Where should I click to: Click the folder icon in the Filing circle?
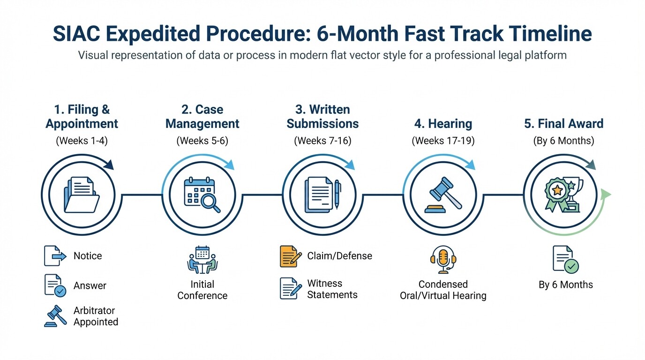click(x=82, y=195)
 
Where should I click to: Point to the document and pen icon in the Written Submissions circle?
click(x=322, y=195)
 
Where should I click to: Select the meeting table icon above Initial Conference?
click(x=202, y=260)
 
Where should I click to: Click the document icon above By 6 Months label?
click(x=565, y=259)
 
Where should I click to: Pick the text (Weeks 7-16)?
click(x=322, y=141)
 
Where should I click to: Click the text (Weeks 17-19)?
click(x=443, y=141)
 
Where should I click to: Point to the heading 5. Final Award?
click(x=563, y=124)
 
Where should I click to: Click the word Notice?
click(x=88, y=256)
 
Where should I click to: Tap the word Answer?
click(x=90, y=285)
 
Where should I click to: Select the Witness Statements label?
click(x=332, y=289)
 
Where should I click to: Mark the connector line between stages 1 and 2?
click(x=142, y=195)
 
